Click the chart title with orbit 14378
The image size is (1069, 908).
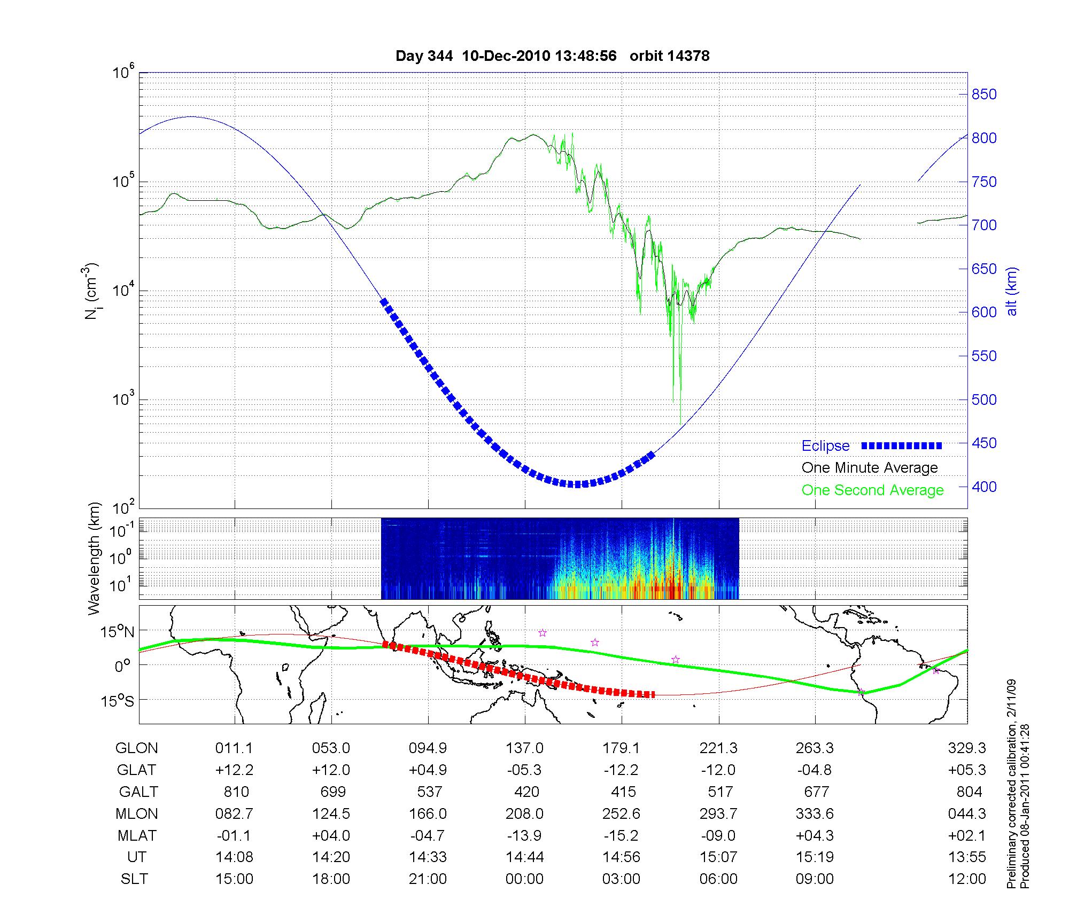click(552, 56)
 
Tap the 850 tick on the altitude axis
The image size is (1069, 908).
click(984, 95)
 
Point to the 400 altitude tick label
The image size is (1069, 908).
click(984, 487)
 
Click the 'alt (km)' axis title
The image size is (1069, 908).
click(1012, 291)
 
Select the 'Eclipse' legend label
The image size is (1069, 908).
click(825, 446)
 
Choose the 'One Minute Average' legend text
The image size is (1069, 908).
click(870, 468)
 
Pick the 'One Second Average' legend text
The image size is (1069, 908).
click(872, 490)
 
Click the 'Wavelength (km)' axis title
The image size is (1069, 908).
click(94, 558)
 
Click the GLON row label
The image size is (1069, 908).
click(136, 748)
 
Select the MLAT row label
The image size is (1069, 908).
click(137, 835)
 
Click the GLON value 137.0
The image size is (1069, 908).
click(525, 748)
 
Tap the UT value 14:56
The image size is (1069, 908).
click(622, 857)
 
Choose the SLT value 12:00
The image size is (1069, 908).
click(967, 879)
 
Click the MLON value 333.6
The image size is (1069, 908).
click(815, 813)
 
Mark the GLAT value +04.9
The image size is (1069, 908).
click(429, 770)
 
